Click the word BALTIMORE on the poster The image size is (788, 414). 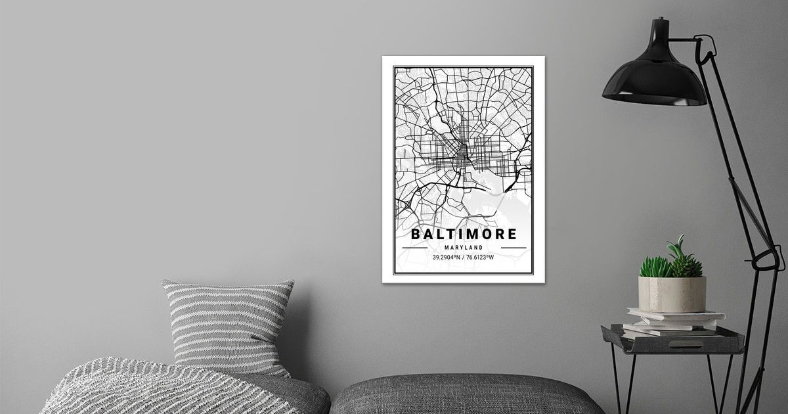pos(464,234)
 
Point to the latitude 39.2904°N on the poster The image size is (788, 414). pos(446,257)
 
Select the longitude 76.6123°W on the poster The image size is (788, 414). pos(481,257)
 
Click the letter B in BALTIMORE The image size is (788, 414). pos(416,234)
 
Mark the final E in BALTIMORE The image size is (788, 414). pos(512,234)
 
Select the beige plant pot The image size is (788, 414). pos(672,294)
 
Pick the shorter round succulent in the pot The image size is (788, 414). pos(655,267)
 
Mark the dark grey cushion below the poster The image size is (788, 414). pos(466,394)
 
